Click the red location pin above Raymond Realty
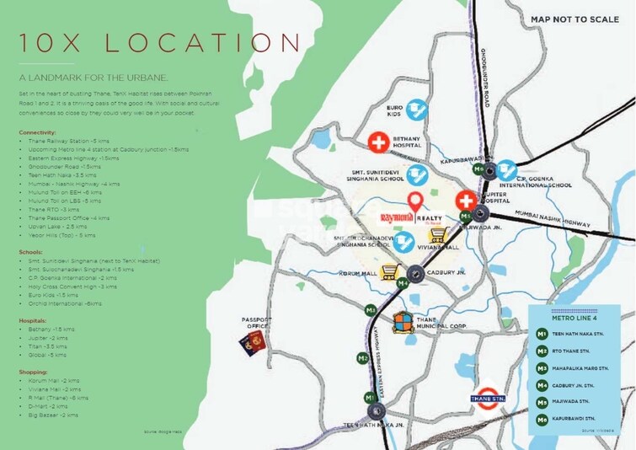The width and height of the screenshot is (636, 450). (x=414, y=202)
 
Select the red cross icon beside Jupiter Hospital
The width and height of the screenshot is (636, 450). (x=464, y=201)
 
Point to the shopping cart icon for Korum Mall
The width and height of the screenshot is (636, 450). (x=390, y=271)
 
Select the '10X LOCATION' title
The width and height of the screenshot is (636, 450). (x=158, y=44)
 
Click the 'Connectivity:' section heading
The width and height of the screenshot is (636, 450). (x=38, y=132)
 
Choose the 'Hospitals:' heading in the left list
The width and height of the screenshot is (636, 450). (x=35, y=320)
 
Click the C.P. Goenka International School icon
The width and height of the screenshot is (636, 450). (x=505, y=169)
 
